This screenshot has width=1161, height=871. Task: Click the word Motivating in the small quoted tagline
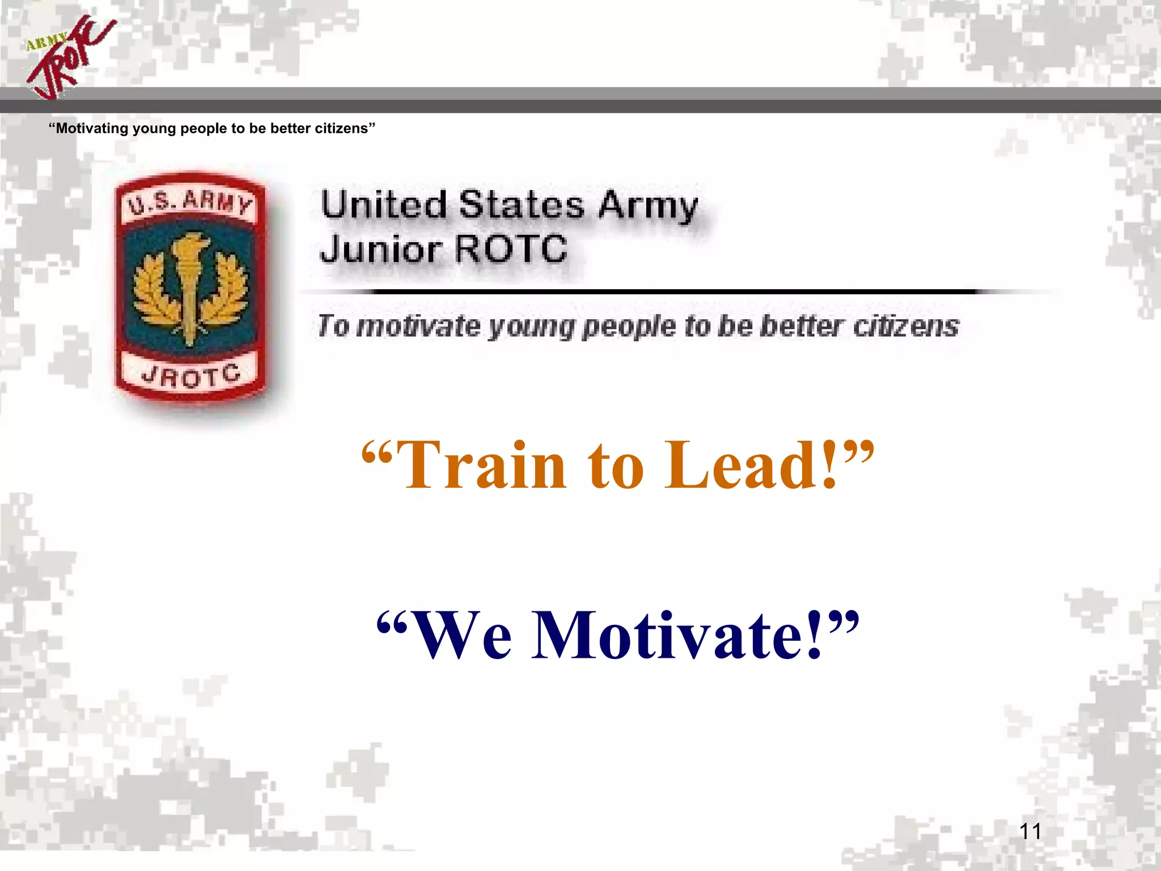pos(92,129)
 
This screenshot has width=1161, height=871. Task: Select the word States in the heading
pos(521,205)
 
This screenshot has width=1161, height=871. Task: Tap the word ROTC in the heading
pos(511,250)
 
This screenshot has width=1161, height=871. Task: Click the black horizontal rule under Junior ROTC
pos(675,292)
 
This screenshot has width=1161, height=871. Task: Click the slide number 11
pos(1030,831)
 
